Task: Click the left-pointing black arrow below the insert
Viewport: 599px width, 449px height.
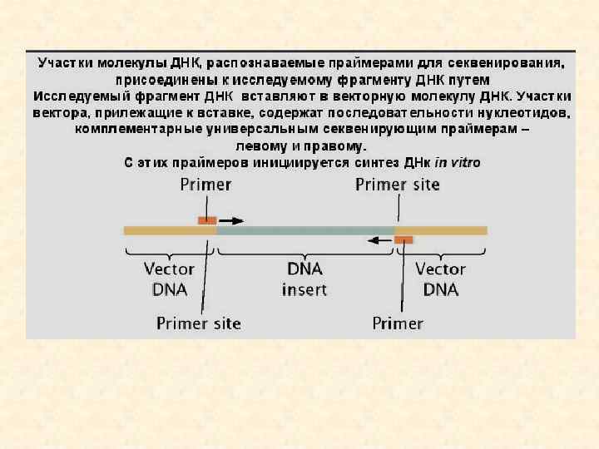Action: pyautogui.click(x=380, y=240)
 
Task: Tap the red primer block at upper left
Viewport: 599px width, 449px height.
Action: pyautogui.click(x=207, y=220)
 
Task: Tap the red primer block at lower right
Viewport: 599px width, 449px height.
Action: pyautogui.click(x=403, y=240)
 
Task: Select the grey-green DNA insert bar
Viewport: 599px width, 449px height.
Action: pyautogui.click(x=305, y=230)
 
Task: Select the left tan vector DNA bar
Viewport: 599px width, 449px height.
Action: pyautogui.click(x=170, y=230)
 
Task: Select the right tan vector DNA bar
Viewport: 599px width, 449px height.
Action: pyautogui.click(x=441, y=230)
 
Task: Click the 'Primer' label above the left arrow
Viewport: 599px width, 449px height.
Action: pyautogui.click(x=205, y=185)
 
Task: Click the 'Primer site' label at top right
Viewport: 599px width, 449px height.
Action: pyautogui.click(x=398, y=185)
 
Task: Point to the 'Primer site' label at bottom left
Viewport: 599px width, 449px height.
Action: pyautogui.click(x=199, y=323)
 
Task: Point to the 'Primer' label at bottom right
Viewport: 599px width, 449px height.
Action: pyautogui.click(x=398, y=323)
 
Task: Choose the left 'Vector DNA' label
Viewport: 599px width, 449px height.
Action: pyautogui.click(x=170, y=279)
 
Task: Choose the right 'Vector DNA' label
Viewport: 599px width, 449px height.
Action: pyautogui.click(x=440, y=279)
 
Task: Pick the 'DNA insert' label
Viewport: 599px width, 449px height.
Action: pyautogui.click(x=304, y=279)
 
